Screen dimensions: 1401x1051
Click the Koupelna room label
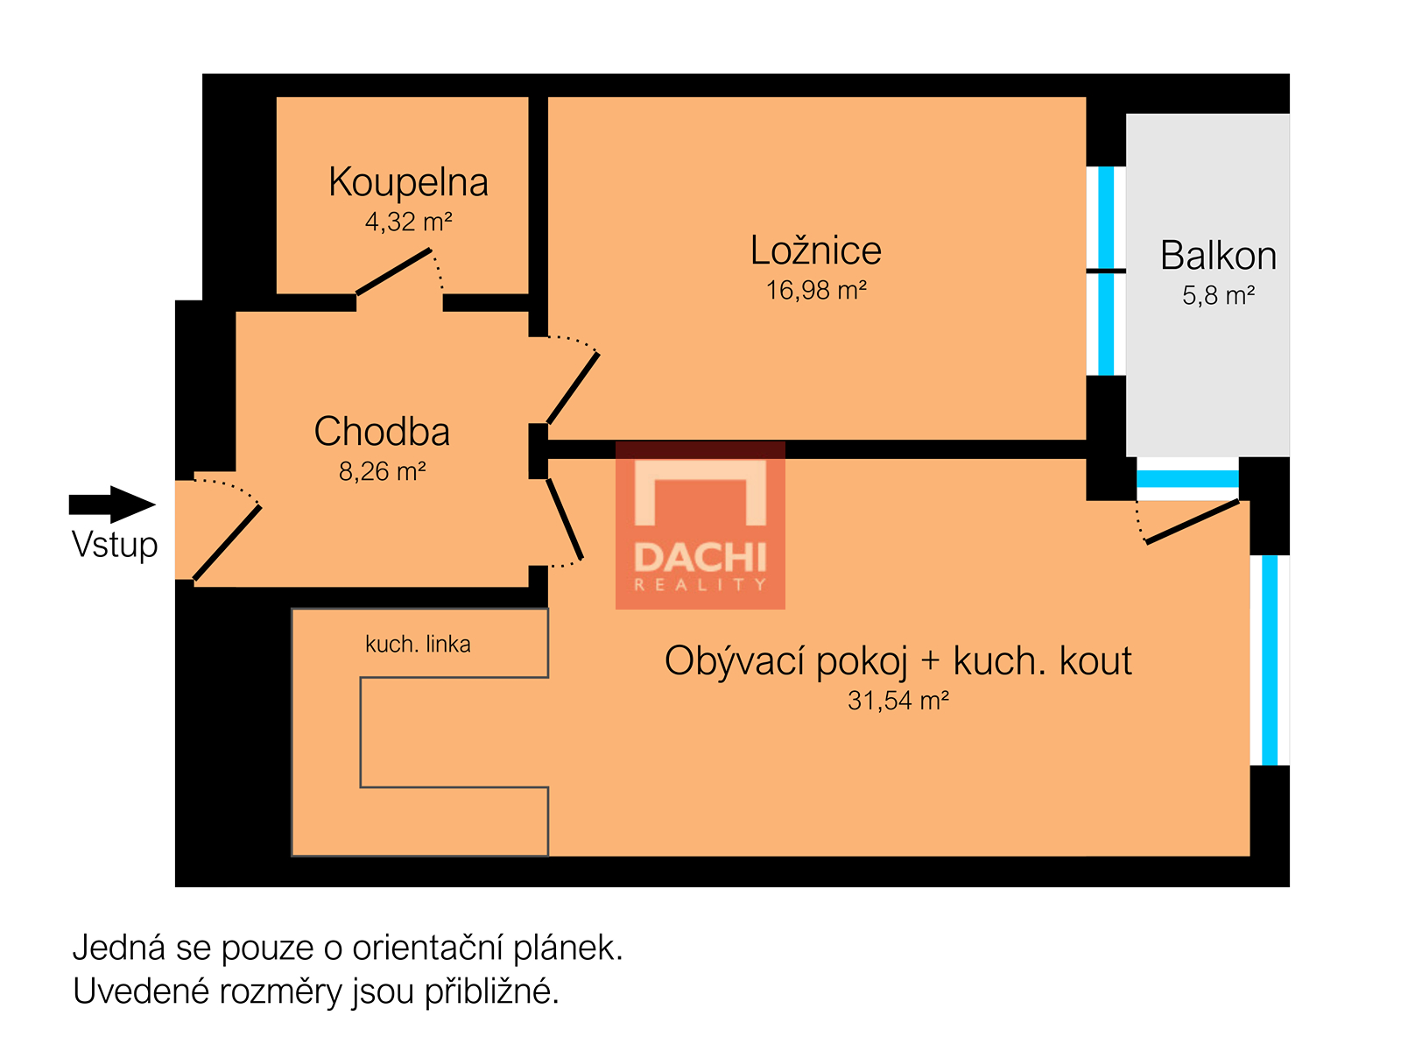[x=408, y=182]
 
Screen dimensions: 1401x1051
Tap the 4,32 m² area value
[x=408, y=222]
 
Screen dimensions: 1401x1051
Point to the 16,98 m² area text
[x=815, y=291]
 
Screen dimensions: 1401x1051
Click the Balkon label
[x=1217, y=255]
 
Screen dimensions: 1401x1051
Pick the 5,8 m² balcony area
[x=1217, y=295]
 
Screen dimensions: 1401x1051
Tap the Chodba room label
[x=382, y=431]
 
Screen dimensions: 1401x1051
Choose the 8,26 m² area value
[x=382, y=471]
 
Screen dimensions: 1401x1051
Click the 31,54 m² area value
[x=898, y=701]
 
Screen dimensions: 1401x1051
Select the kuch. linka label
[x=418, y=645]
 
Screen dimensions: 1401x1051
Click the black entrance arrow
[x=112, y=504]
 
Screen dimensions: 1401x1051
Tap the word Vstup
[x=115, y=546]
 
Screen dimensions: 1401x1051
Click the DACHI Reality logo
[x=700, y=525]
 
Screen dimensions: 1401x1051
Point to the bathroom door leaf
[x=393, y=272]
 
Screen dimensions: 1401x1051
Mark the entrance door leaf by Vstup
[x=227, y=542]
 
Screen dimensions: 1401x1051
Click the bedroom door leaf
[x=574, y=388]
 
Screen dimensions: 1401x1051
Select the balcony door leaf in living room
[x=1193, y=521]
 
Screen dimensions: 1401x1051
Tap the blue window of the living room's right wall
[x=1270, y=660]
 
